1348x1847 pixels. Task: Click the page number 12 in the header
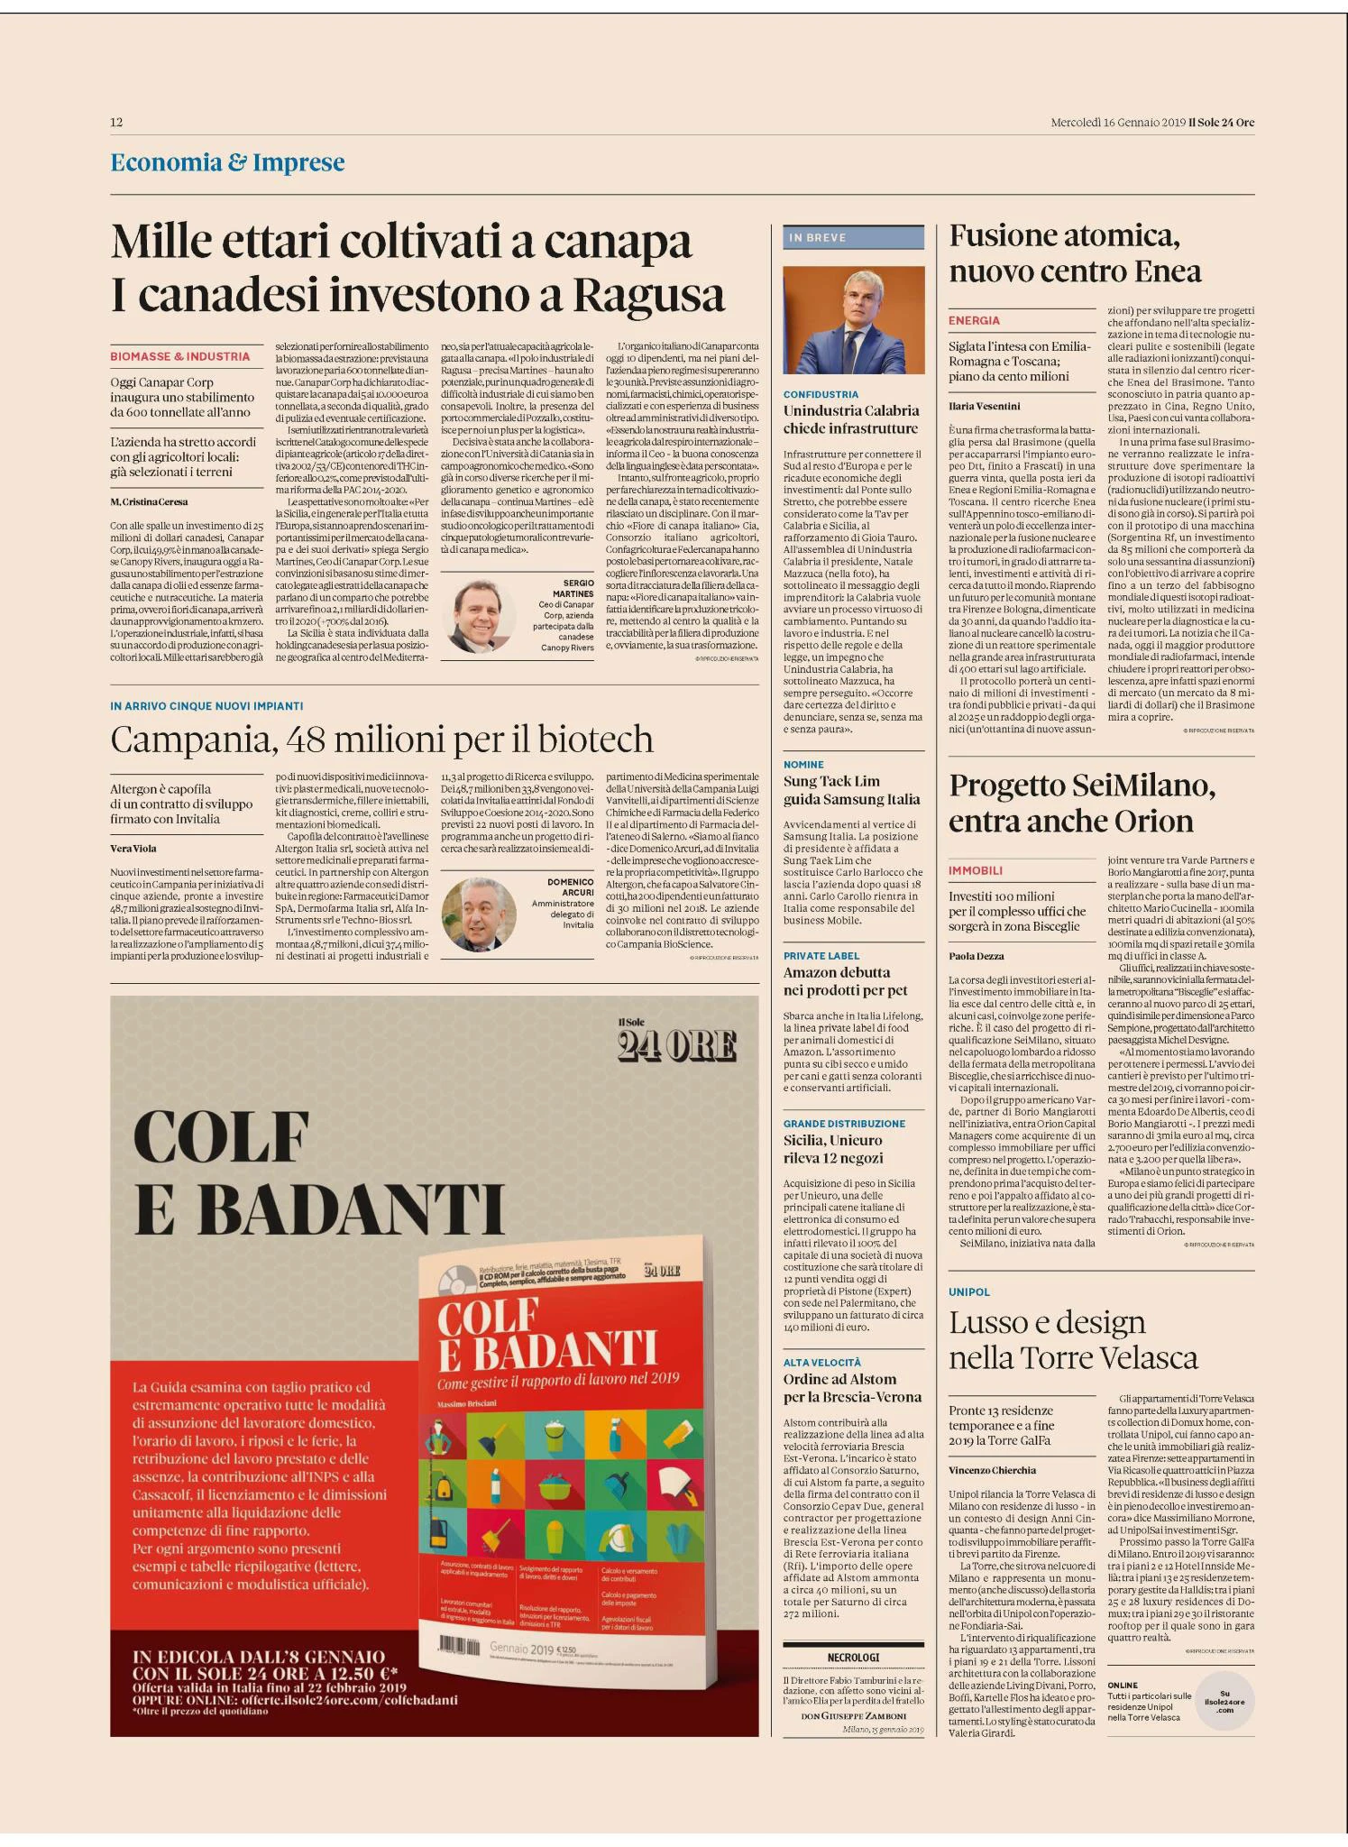click(116, 123)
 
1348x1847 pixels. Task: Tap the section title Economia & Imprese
click(227, 162)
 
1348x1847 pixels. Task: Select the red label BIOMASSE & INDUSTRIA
click(180, 356)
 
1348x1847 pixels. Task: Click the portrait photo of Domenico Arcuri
click(479, 914)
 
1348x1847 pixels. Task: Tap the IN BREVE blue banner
click(853, 237)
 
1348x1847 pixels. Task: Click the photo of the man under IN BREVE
click(853, 320)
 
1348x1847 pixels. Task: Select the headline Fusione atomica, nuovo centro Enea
click(1075, 253)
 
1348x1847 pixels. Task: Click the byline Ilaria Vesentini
click(985, 406)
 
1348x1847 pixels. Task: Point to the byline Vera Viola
click(133, 848)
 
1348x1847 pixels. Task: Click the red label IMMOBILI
click(976, 870)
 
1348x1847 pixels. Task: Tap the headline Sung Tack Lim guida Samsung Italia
click(851, 790)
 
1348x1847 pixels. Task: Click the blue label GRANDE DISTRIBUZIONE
click(844, 1124)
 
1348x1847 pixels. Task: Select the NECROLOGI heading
click(853, 1658)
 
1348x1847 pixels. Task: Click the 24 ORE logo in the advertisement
click(676, 1045)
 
